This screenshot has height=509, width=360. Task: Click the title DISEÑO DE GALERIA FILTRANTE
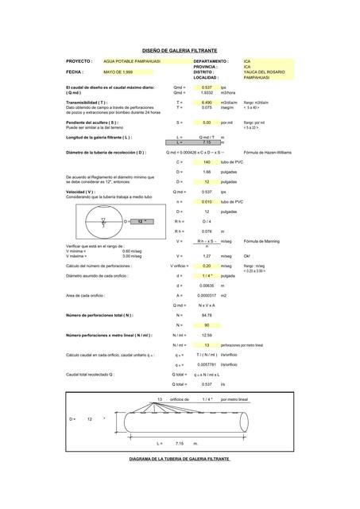tap(179, 49)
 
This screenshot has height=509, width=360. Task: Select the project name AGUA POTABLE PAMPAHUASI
tap(132, 60)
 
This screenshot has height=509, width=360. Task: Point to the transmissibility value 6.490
tap(206, 103)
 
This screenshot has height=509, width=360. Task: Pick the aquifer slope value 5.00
tap(207, 122)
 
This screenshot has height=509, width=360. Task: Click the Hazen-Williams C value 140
tap(207, 161)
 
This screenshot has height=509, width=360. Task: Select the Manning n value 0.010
tap(207, 202)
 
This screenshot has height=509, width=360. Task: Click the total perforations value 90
tap(207, 325)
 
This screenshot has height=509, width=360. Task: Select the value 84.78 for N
tap(207, 315)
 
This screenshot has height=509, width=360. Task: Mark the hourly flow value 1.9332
tap(206, 92)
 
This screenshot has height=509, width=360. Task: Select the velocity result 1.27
tap(207, 255)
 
